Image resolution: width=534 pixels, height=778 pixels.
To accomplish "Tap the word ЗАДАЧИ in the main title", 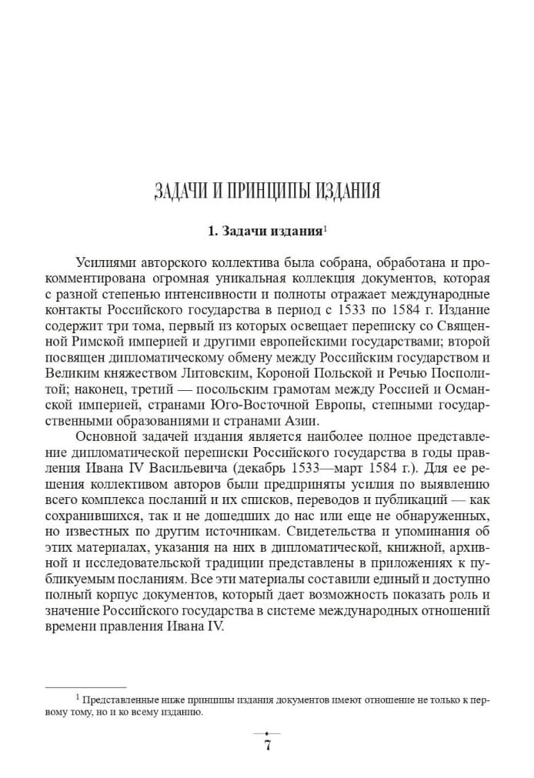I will [180, 191].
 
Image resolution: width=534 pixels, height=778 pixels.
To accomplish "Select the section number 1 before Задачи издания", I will [212, 230].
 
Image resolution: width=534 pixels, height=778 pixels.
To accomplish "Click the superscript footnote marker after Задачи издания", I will [325, 226].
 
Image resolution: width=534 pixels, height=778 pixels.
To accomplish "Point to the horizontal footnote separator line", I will [85, 687].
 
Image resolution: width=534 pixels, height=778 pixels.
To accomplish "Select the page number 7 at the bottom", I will [267, 745].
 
